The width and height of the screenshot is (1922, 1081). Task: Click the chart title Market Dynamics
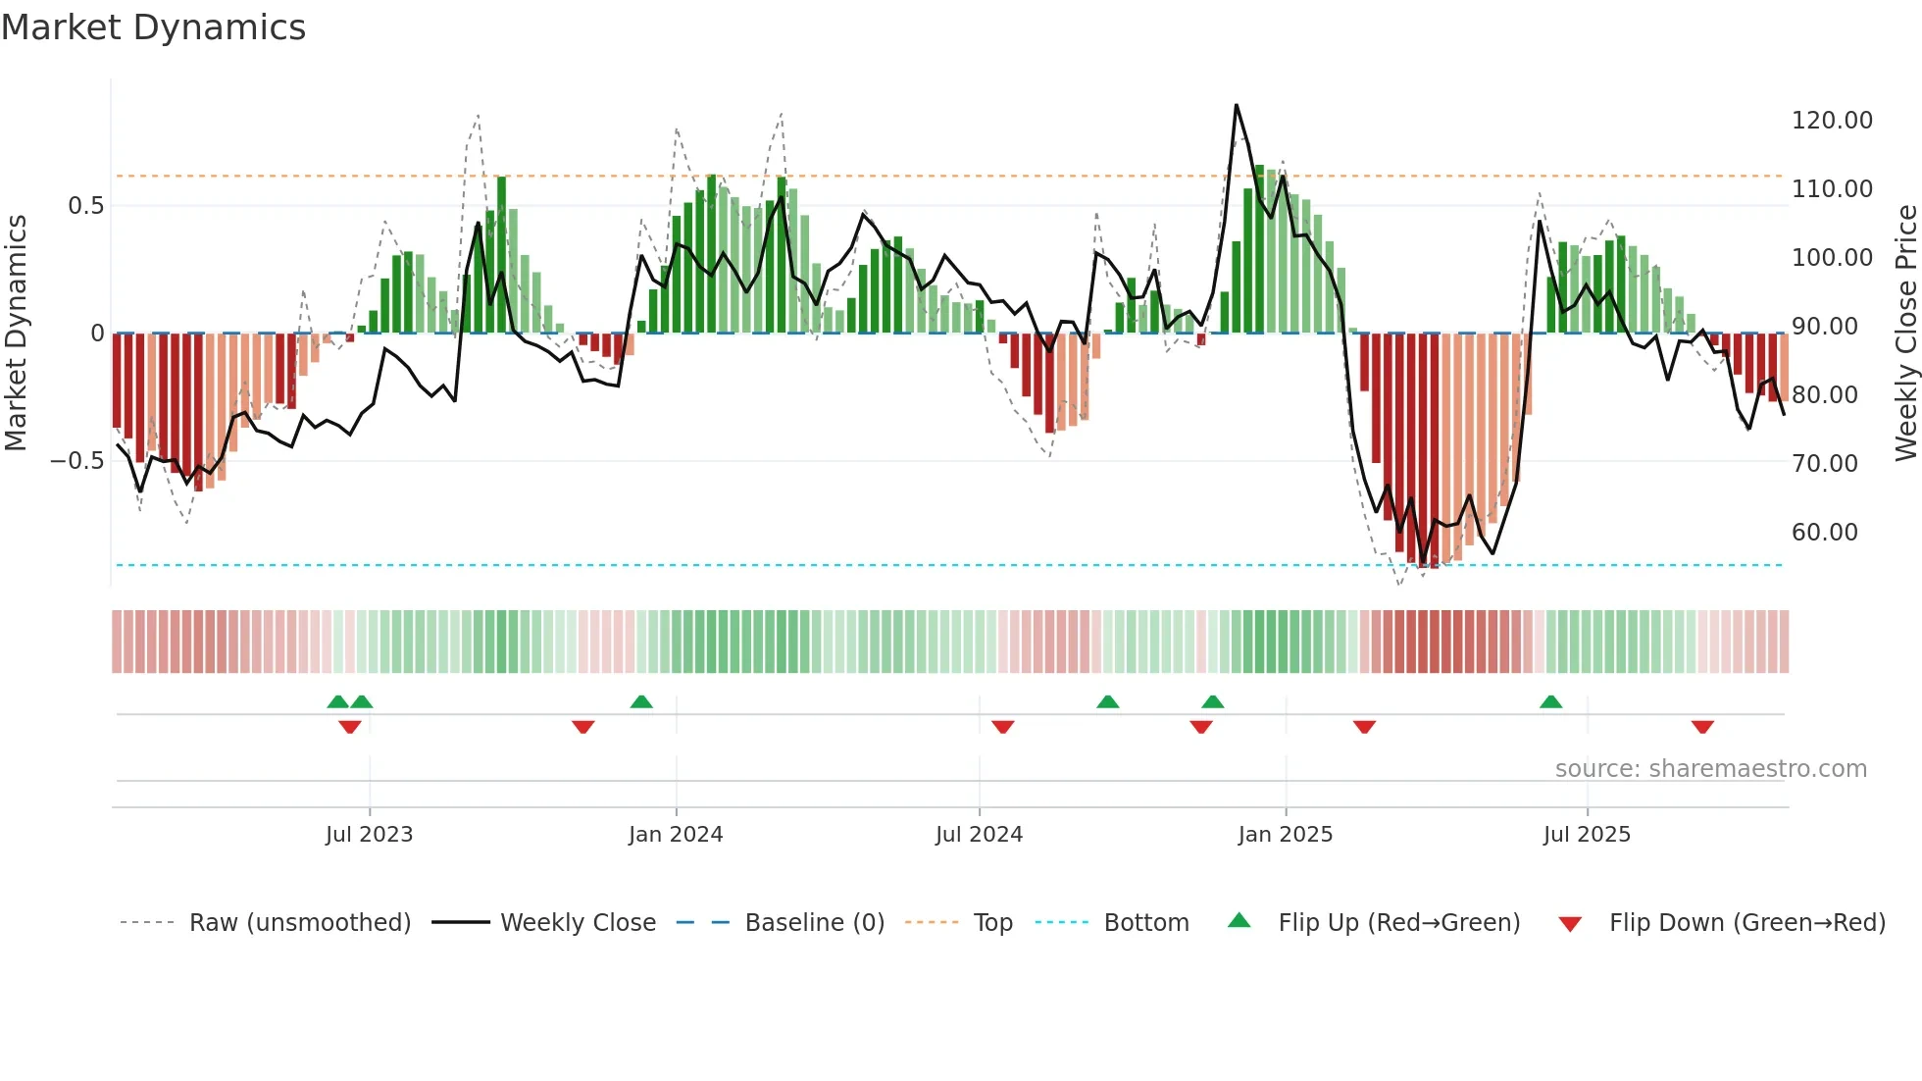click(153, 27)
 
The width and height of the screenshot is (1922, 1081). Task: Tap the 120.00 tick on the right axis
click(1831, 121)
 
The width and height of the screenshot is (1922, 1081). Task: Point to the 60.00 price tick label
click(1824, 533)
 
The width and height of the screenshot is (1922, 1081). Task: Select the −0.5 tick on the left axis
click(76, 461)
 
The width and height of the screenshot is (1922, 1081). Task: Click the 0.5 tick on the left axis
click(85, 206)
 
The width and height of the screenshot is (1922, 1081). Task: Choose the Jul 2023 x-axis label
click(369, 835)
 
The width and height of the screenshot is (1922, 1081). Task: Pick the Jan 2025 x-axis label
click(1285, 835)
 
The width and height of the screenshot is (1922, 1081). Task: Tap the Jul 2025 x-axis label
click(1586, 835)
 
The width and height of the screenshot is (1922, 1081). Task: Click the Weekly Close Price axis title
click(1905, 334)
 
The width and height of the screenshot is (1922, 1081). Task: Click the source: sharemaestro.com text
click(1710, 769)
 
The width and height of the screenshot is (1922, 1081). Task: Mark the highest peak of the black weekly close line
click(1236, 105)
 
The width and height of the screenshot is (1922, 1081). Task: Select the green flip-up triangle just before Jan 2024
click(641, 701)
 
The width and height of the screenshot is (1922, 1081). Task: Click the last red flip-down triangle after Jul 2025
click(1702, 727)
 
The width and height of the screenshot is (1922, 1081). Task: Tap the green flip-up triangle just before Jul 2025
click(1550, 701)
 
